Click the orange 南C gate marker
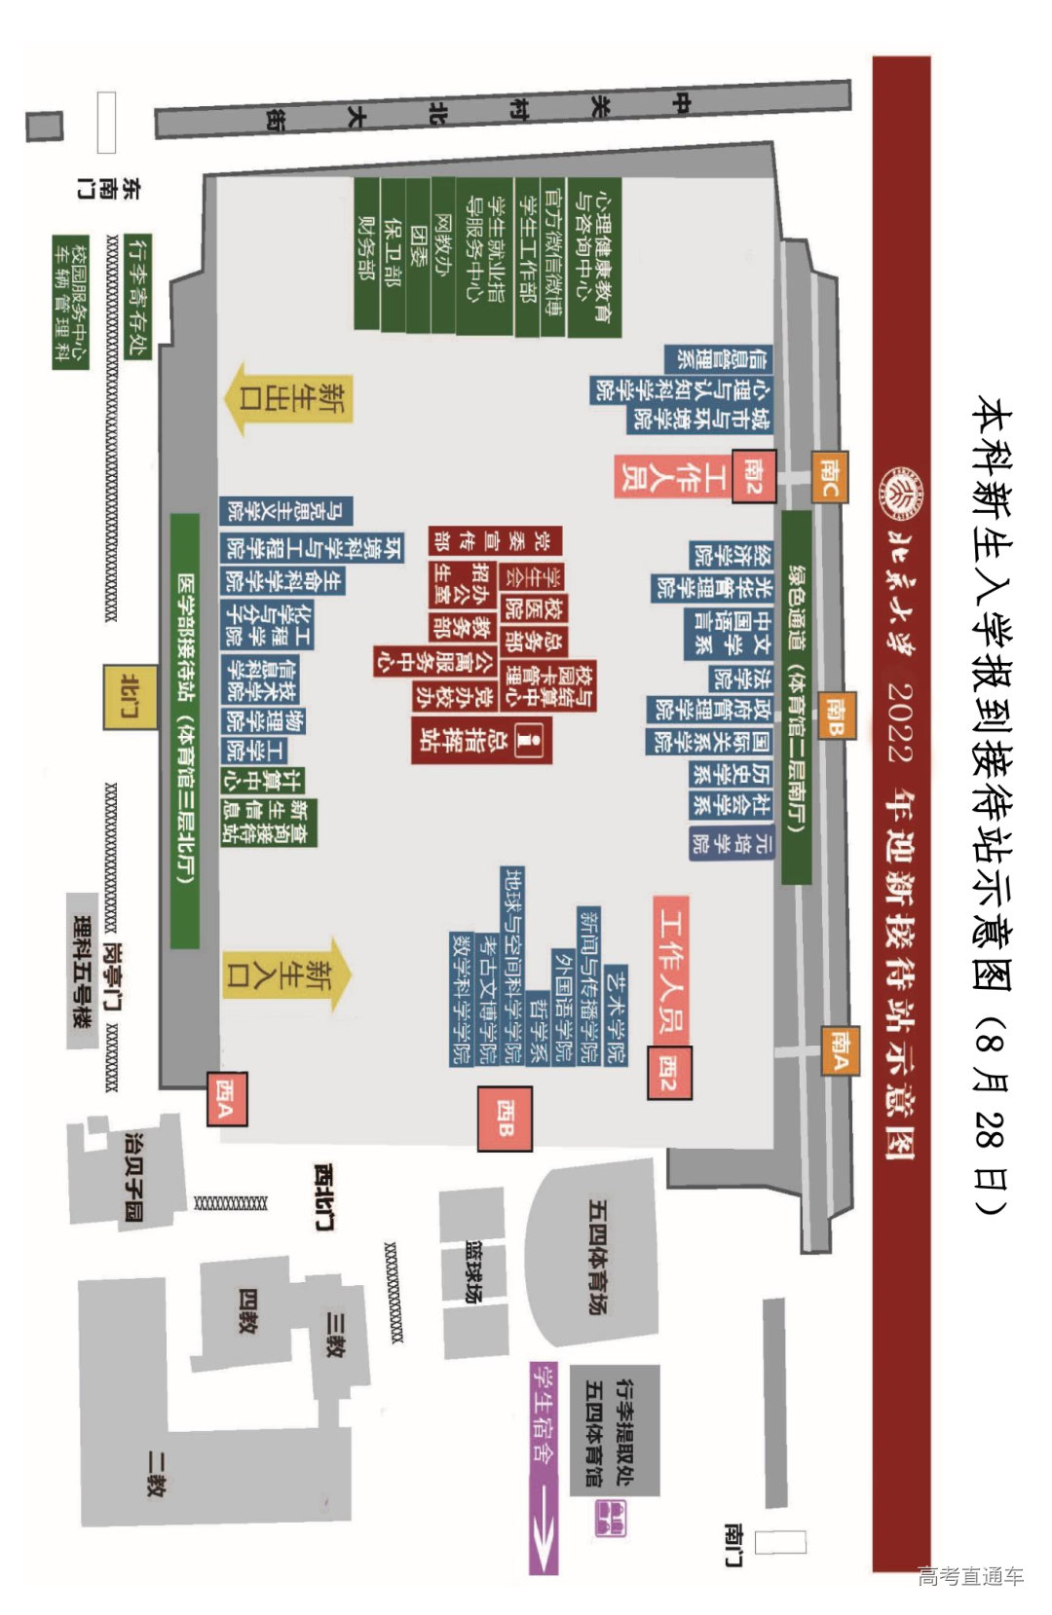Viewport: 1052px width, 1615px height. click(829, 476)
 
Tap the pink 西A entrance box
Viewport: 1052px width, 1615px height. click(227, 1098)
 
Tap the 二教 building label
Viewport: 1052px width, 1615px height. click(156, 1472)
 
